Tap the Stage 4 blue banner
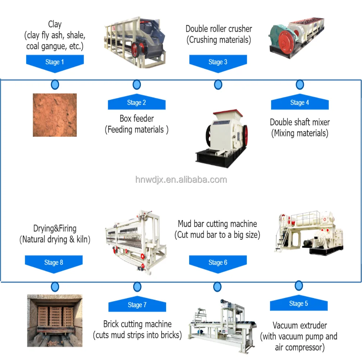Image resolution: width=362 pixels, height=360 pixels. coord(300,103)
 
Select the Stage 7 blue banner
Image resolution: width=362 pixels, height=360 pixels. coord(137,305)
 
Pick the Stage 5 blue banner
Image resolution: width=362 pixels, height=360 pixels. coord(299,303)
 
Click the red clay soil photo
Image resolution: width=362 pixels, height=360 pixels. coord(55,115)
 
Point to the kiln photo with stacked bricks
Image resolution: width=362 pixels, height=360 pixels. coord(55,320)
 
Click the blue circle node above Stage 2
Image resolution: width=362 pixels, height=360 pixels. coord(137,85)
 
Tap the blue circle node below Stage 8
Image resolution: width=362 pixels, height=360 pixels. coord(55,287)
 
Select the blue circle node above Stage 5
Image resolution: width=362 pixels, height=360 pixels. coord(299,286)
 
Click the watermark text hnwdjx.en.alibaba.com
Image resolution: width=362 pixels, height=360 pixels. coord(181,180)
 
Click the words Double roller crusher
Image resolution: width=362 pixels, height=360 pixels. coord(219,29)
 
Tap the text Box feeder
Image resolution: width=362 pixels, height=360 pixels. coord(137,118)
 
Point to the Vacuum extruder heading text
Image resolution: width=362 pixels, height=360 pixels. coord(300,325)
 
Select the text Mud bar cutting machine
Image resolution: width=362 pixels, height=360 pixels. coord(217,224)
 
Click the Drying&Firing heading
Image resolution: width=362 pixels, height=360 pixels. coord(55,228)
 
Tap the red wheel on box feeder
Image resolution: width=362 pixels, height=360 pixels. coord(136,49)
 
